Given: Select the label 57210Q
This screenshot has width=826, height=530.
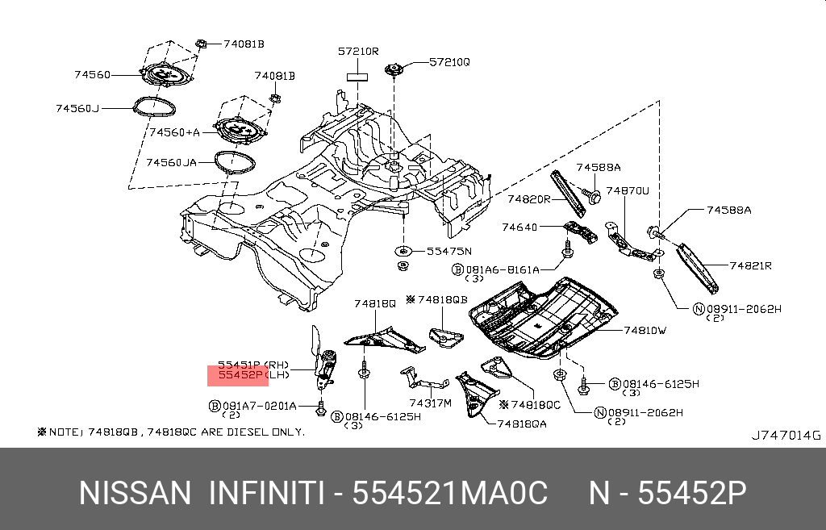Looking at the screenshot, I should (449, 61).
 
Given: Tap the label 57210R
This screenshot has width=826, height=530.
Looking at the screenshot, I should (358, 52).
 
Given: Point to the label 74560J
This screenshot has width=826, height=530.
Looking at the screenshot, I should (77, 107).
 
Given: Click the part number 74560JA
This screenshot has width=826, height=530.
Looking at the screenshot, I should (171, 162).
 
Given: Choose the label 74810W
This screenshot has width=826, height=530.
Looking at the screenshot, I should (645, 330).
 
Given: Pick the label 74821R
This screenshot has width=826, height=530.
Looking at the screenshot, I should (751, 265).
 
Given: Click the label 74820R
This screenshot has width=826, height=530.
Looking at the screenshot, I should (529, 198).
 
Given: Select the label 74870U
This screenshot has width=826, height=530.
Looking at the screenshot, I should (628, 191).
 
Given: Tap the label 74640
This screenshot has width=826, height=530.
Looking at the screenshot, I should (519, 227).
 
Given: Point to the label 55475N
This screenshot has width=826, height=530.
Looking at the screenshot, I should (448, 251).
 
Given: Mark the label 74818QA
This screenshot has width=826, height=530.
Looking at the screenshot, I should (522, 423).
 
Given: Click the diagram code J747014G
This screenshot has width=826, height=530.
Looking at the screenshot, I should (786, 436).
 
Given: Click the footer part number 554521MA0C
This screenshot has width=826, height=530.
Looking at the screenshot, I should (451, 492).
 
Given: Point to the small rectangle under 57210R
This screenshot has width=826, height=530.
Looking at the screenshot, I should (357, 77).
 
